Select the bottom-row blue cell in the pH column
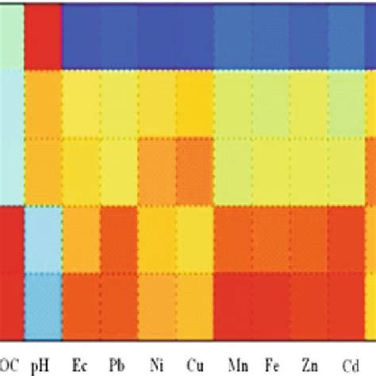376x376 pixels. click(x=42, y=305)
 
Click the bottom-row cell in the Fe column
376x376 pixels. click(x=271, y=305)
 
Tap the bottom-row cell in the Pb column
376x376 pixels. click(x=118, y=305)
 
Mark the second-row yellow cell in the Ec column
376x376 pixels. click(x=80, y=103)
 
